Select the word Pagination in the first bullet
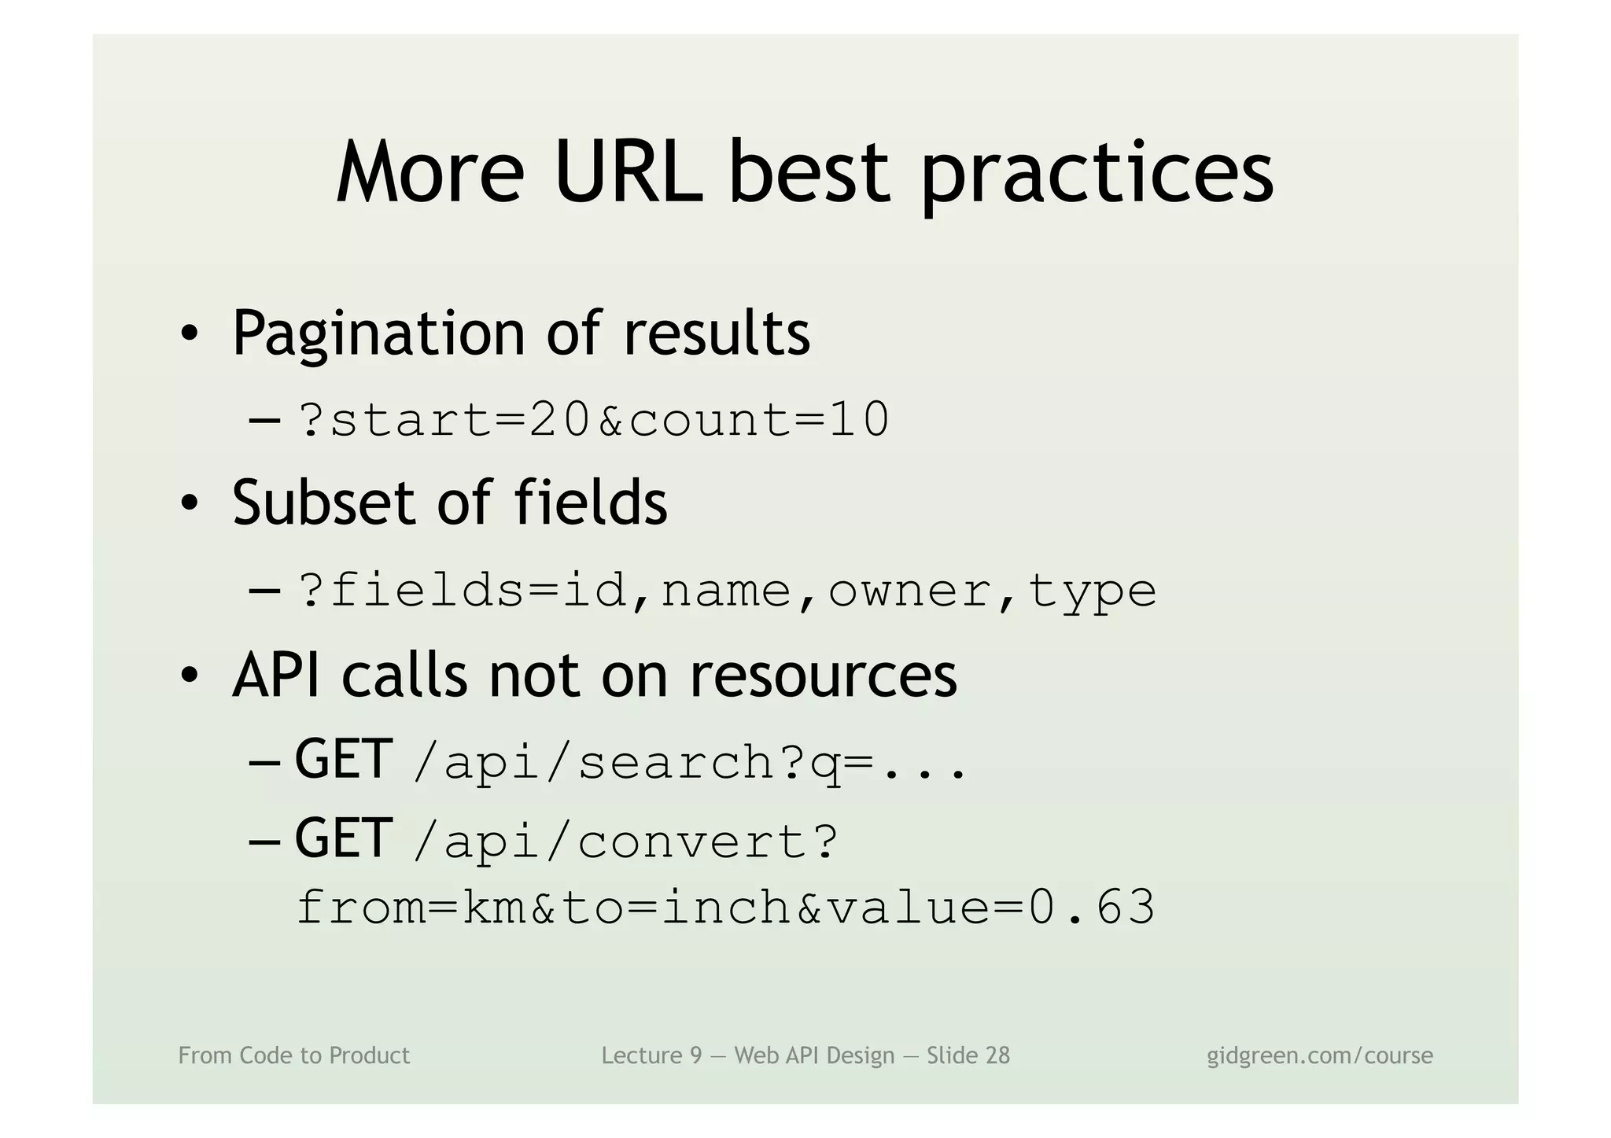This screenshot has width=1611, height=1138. tap(378, 334)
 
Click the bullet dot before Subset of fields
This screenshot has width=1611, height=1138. tap(189, 503)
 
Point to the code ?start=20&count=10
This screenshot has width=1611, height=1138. tap(594, 419)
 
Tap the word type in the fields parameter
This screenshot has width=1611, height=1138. tap(1091, 592)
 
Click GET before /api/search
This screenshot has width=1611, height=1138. tap(343, 760)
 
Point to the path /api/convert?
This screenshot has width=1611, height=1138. tap(625, 842)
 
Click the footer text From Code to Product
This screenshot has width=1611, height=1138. tap(293, 1055)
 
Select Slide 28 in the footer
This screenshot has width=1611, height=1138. tap(968, 1055)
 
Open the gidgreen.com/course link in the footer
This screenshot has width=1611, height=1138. tap(1319, 1055)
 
